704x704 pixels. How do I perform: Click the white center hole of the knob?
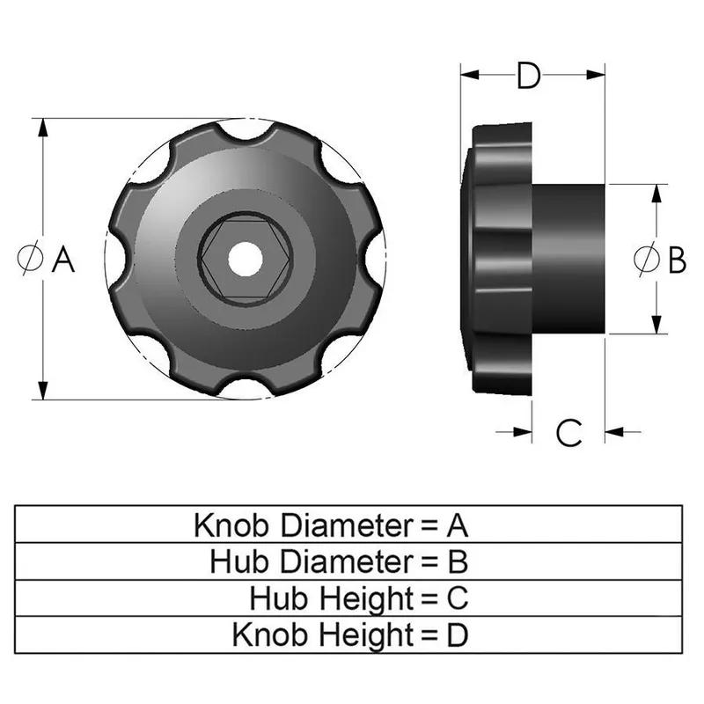pyautogui.click(x=244, y=259)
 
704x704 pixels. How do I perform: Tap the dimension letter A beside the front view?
pyautogui.click(x=62, y=260)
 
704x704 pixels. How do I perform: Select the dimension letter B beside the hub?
pyautogui.click(x=677, y=260)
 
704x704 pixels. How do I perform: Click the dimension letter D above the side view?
pyautogui.click(x=528, y=77)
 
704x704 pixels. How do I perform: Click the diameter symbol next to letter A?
pyautogui.click(x=30, y=260)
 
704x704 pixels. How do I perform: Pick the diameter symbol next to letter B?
pyautogui.click(x=646, y=260)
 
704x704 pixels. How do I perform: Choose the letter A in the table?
pyautogui.click(x=457, y=526)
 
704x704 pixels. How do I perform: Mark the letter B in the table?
pyautogui.click(x=457, y=561)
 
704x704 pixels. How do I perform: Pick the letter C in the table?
pyautogui.click(x=457, y=598)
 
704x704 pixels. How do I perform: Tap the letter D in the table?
pyautogui.click(x=457, y=634)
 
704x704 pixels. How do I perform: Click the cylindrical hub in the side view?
pyautogui.click(x=568, y=259)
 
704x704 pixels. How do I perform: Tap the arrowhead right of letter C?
pyautogui.click(x=613, y=431)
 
